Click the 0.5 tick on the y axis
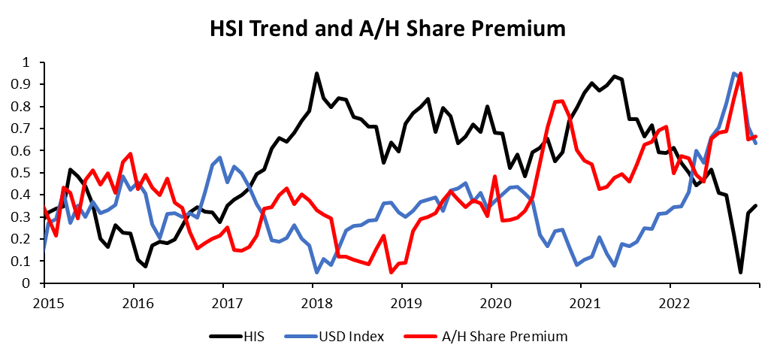(x=28, y=173)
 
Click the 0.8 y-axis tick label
(x=28, y=107)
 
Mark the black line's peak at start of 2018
(x=316, y=74)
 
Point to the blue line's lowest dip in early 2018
(x=316, y=272)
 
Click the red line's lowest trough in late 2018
(x=391, y=272)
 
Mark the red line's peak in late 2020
(x=558, y=101)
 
